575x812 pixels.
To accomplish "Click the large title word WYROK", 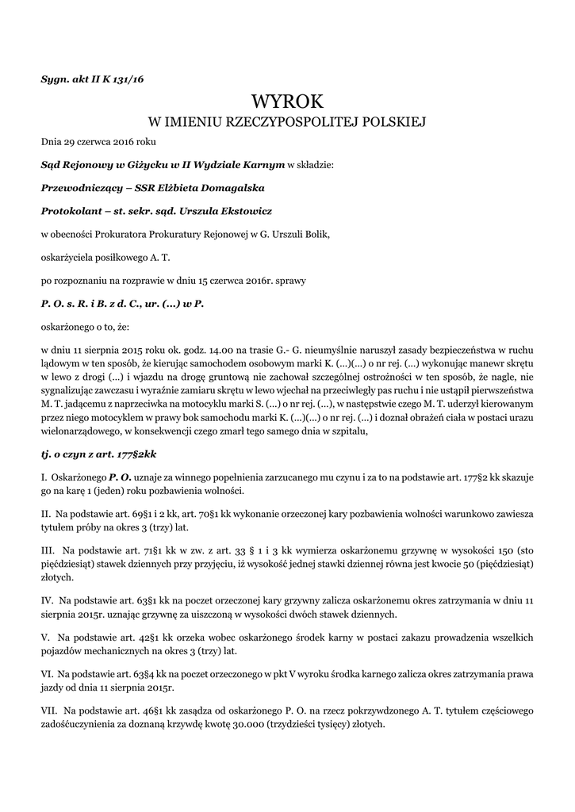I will [x=287, y=101].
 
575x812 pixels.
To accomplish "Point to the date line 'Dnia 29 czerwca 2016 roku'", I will [x=99, y=143].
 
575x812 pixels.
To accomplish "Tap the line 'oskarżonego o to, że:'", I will [x=87, y=326].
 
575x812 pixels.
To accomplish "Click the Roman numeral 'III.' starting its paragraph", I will [x=48, y=549].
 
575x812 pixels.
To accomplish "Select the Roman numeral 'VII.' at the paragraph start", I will [x=50, y=711].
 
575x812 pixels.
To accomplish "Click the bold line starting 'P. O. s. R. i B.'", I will [x=123, y=303].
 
